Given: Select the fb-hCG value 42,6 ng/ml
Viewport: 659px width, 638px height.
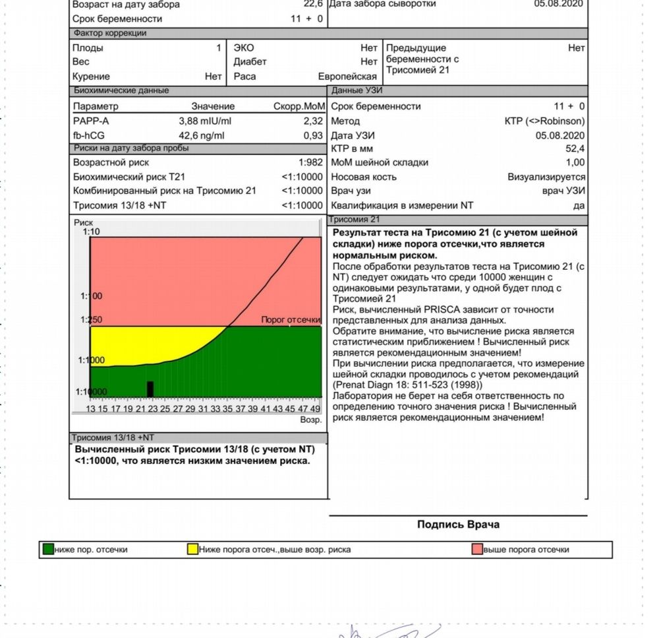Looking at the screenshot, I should (x=202, y=136).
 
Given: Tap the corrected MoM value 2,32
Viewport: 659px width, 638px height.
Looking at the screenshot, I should (x=313, y=121).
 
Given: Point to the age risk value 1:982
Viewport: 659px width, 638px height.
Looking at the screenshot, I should (x=311, y=162).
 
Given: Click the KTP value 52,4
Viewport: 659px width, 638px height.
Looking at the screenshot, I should (x=574, y=148).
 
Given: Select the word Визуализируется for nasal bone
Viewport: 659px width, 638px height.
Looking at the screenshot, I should (x=546, y=177).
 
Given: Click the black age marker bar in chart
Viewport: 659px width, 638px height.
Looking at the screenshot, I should (x=150, y=389).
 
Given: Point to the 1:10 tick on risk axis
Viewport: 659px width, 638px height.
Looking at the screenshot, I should (x=91, y=232).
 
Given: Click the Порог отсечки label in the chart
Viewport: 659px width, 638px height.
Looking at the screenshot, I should (x=291, y=320).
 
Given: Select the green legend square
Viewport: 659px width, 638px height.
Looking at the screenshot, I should (x=48, y=549).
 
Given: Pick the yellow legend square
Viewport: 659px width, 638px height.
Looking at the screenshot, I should (x=192, y=549).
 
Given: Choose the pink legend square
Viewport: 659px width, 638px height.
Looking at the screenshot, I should (x=477, y=549).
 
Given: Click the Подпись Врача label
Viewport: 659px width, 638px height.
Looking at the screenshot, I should (x=458, y=525).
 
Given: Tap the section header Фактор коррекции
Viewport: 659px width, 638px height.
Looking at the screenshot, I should (x=109, y=33).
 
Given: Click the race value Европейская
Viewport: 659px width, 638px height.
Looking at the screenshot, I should (x=347, y=77).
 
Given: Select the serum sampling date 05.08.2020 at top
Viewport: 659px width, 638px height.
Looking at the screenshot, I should (x=558, y=4).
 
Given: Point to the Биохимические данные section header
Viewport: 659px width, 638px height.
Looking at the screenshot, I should (x=121, y=90).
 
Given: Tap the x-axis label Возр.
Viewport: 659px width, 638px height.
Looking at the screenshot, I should (x=310, y=420).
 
